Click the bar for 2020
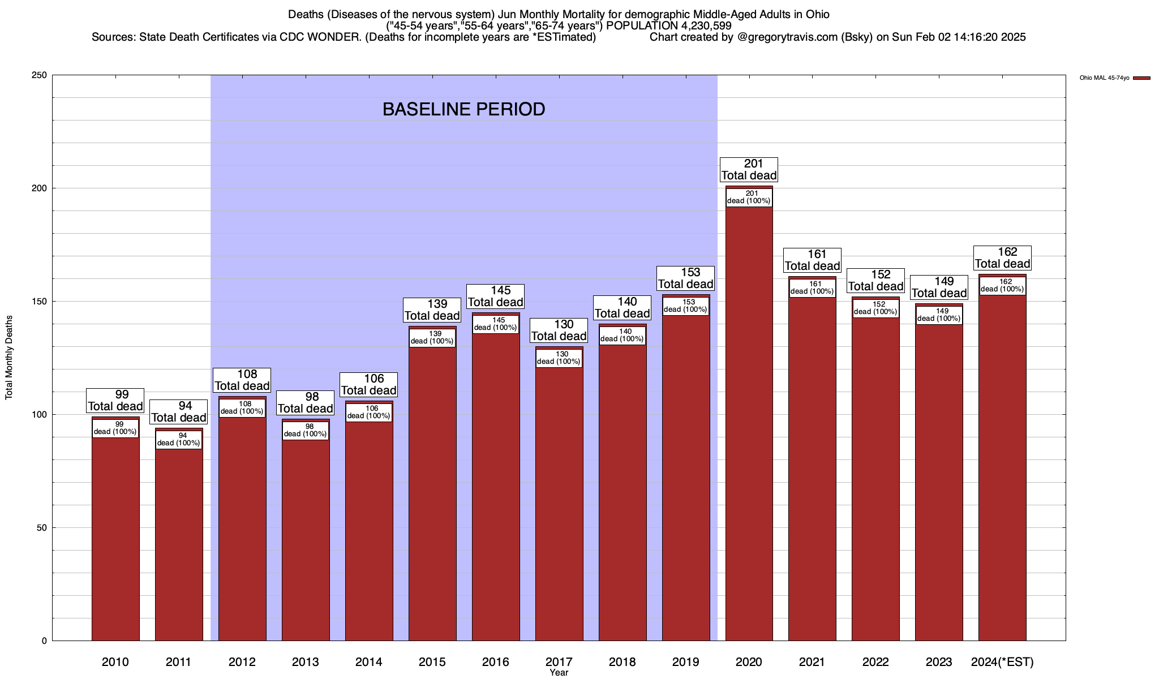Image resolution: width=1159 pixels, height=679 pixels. (749, 430)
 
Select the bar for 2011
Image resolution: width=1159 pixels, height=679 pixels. (179, 543)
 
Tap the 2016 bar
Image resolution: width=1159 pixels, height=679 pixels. (496, 487)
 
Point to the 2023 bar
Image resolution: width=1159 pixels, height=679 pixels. (939, 487)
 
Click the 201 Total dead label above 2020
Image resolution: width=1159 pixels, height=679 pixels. (749, 170)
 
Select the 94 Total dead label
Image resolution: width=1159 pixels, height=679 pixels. (179, 412)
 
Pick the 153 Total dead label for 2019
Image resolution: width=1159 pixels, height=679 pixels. (685, 278)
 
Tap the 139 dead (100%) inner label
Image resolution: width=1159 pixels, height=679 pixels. (432, 338)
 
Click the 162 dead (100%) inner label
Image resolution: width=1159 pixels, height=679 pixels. (1002, 286)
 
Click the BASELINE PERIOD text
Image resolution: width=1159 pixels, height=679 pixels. (463, 109)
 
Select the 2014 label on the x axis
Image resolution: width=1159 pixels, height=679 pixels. (369, 662)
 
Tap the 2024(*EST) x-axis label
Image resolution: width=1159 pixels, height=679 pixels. (1002, 662)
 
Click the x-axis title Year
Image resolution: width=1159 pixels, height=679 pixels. (559, 673)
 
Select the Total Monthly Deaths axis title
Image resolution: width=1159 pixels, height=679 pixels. (9, 358)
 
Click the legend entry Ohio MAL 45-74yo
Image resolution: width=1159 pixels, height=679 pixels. (1114, 78)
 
